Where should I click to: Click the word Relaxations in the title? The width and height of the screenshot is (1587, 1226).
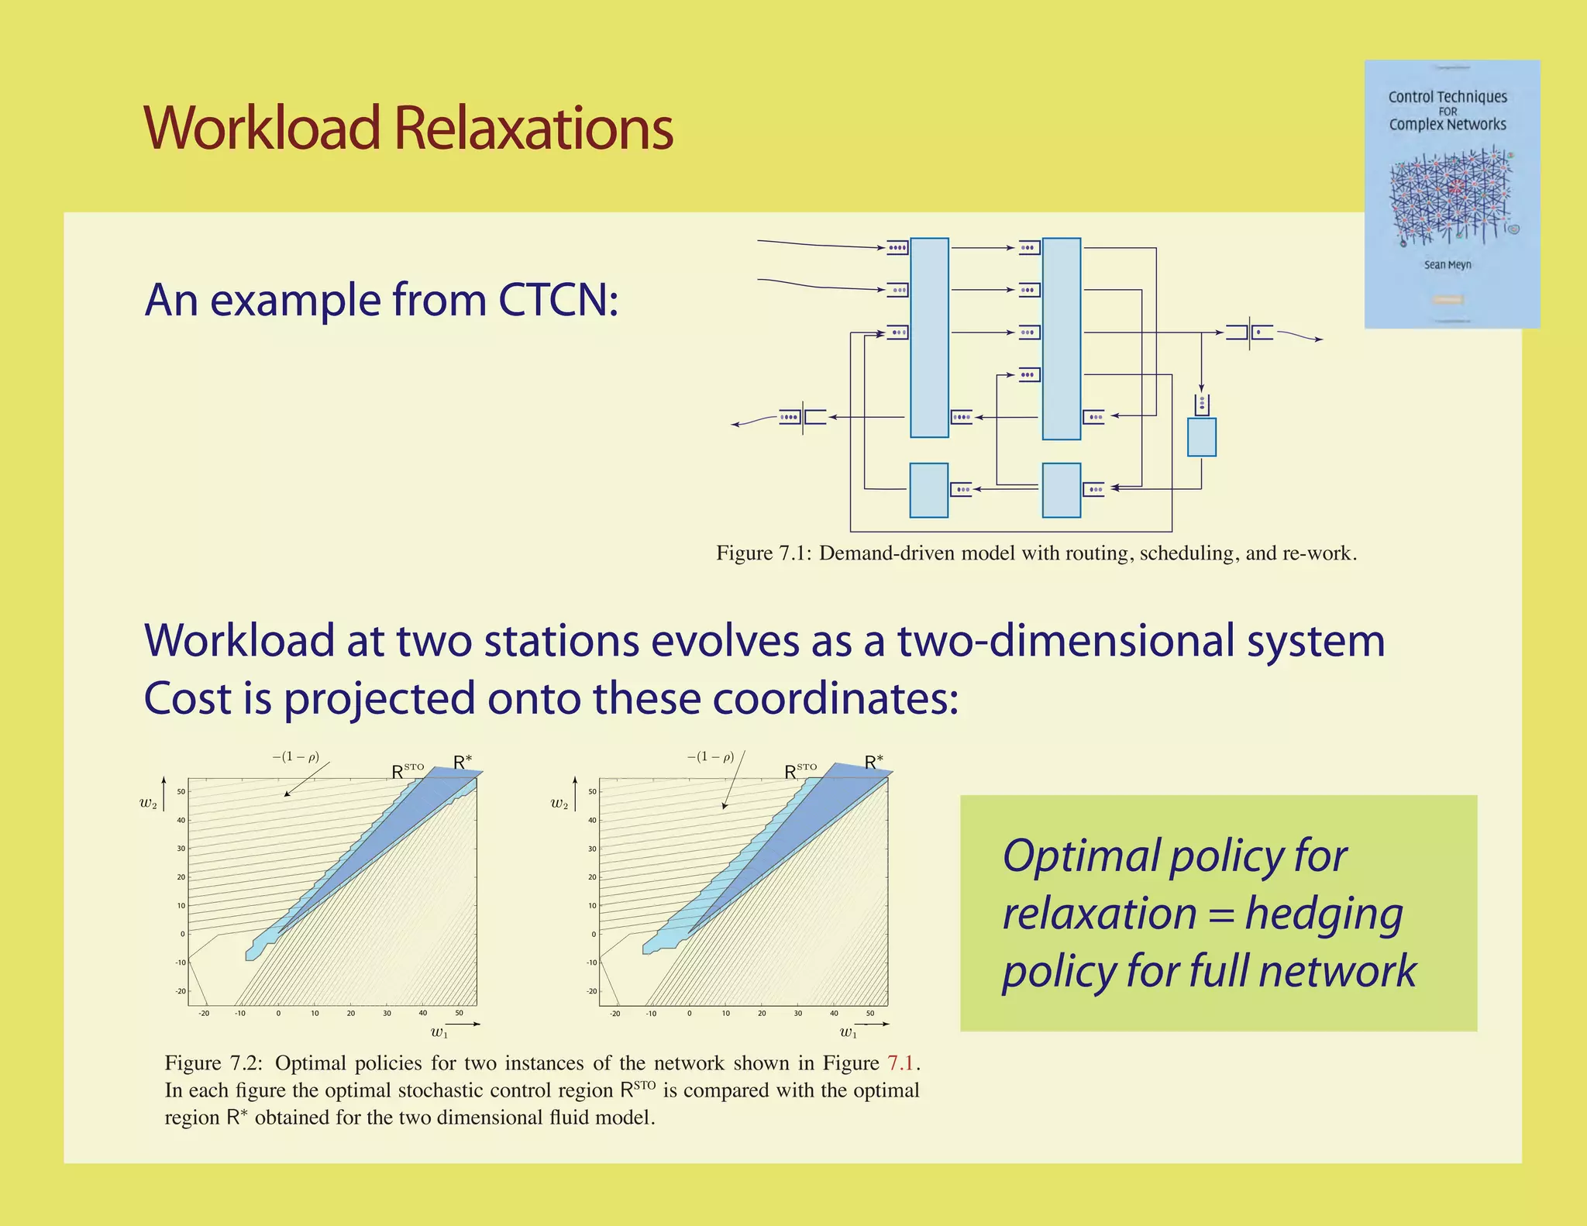point(534,129)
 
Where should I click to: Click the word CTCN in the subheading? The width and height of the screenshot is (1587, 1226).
point(557,300)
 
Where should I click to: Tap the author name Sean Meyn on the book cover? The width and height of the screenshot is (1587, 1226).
point(1447,265)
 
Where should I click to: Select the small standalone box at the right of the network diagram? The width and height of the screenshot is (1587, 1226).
point(1201,437)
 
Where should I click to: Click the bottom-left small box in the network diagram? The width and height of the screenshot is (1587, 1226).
point(928,491)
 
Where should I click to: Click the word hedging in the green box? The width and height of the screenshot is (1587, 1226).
point(1324,914)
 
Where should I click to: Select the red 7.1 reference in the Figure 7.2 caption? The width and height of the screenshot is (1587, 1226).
point(901,1063)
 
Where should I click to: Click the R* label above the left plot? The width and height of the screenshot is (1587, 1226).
point(463,763)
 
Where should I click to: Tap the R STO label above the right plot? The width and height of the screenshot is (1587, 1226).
point(800,772)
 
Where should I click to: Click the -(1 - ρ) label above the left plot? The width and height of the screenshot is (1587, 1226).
point(296,756)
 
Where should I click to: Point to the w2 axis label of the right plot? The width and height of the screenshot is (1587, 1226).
point(559,804)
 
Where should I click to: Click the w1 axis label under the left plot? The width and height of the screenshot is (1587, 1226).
point(439,1032)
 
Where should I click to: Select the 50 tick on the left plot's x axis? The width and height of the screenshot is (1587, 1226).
point(459,1013)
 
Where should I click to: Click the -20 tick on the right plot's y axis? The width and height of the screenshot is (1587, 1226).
point(591,991)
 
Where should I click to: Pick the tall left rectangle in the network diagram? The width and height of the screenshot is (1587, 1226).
point(928,338)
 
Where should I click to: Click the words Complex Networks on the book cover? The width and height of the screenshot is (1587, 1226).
point(1447,125)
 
